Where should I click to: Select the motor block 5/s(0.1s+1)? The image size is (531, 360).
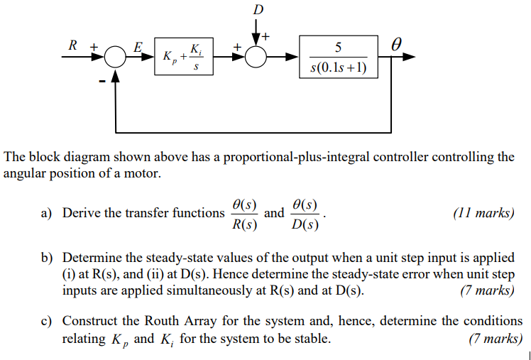(x=338, y=58)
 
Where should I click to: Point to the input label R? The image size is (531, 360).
(x=72, y=45)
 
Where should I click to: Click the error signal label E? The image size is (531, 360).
(x=138, y=47)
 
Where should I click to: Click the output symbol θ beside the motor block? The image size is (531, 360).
(x=397, y=45)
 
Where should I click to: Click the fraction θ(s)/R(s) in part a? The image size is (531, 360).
(x=244, y=214)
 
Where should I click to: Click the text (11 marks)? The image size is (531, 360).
(x=483, y=213)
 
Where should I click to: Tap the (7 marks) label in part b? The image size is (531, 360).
(x=486, y=290)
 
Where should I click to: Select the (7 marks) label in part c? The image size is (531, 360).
(x=496, y=339)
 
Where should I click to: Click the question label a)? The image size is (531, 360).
(x=48, y=213)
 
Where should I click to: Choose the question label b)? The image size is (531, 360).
(x=48, y=258)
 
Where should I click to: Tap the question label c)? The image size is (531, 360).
(x=48, y=322)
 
